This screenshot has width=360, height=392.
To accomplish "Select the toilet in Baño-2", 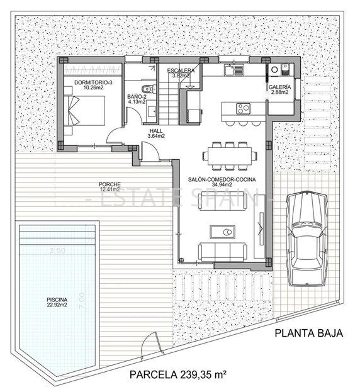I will point(147,88).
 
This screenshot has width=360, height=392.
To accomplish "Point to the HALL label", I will point(155,130).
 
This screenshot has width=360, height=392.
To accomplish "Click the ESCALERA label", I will point(181,71).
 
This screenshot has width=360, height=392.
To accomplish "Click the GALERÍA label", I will point(279,87).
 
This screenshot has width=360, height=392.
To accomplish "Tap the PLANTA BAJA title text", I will point(308,334).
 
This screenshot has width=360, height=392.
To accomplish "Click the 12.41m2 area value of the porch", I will point(108,189).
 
